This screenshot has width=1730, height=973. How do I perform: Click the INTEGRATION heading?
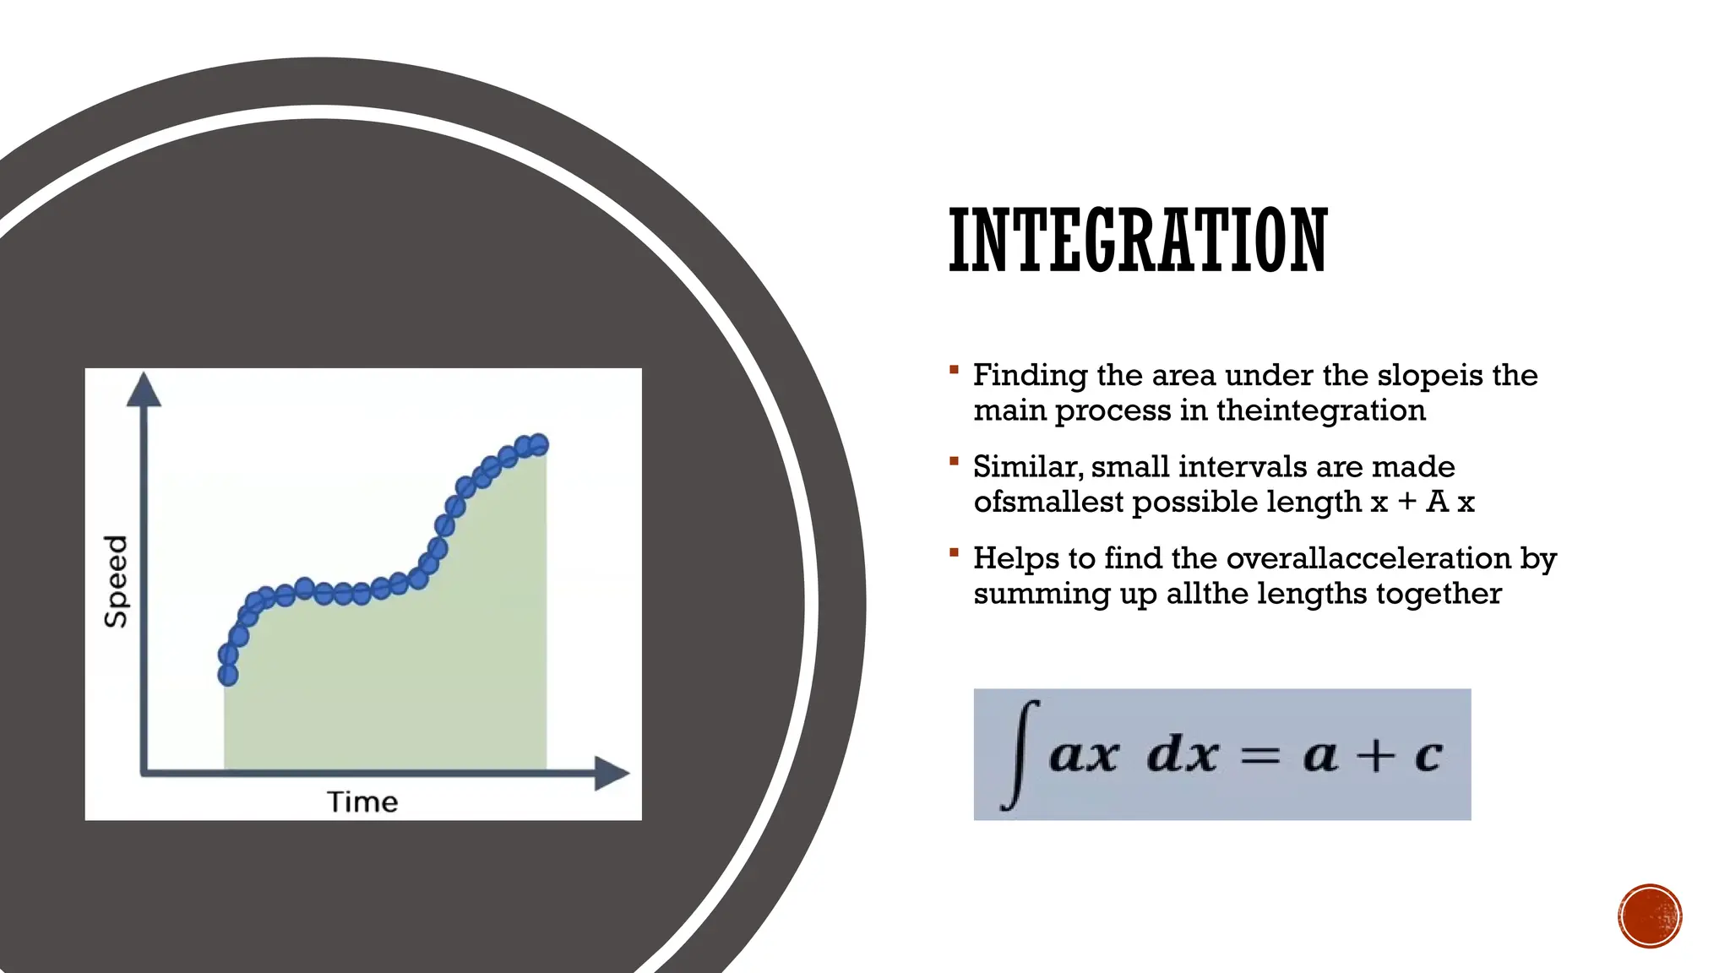point(1137,242)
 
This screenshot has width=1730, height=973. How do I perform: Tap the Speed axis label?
point(116,581)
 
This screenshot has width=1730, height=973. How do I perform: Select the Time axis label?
point(362,802)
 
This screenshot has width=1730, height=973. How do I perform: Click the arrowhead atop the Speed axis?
point(144,389)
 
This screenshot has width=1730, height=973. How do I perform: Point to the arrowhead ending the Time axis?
point(612,773)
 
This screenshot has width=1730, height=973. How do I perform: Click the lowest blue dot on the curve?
point(228,674)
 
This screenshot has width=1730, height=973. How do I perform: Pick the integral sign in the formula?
point(1020,754)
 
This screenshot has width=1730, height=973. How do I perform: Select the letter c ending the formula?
point(1428,755)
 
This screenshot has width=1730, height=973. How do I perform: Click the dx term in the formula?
point(1183,753)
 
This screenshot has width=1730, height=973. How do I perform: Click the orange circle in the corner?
point(1650,916)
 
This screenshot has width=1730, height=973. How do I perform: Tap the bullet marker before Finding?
point(954,369)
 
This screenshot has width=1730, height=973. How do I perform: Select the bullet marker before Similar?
point(954,461)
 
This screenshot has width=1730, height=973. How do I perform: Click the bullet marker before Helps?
point(954,552)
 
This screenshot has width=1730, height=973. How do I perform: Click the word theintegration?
point(1321,410)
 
